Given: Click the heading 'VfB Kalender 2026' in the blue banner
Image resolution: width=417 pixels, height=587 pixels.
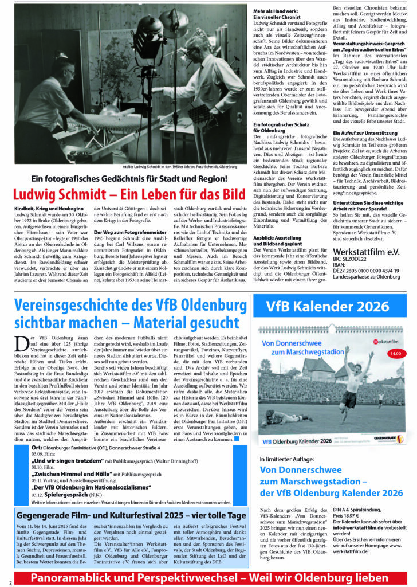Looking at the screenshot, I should (x=327, y=307).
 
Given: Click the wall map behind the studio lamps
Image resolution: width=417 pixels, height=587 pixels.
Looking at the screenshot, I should (x=97, y=34).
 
